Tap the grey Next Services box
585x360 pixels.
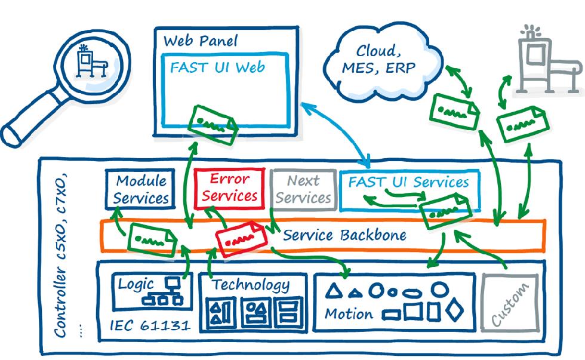pos(303,189)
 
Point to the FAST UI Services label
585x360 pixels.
pos(409,182)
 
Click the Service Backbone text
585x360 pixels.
pos(344,235)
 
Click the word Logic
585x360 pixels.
pos(136,284)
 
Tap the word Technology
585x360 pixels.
pos(251,285)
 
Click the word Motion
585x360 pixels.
pos(349,313)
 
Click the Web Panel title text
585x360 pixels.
pos(200,41)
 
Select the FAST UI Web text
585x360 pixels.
pos(217,66)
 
